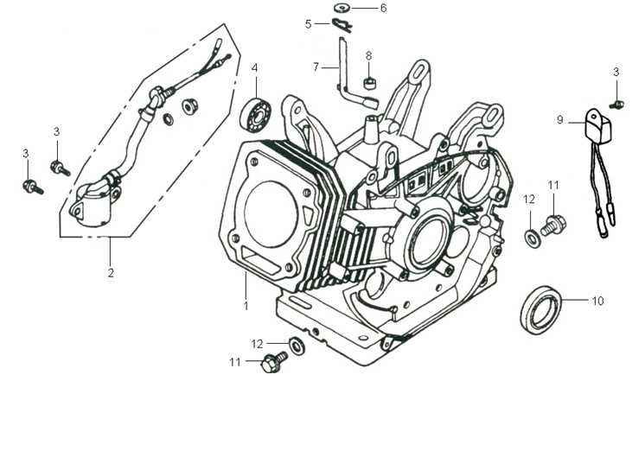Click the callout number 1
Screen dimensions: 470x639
coord(246,306)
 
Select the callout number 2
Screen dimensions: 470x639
coord(111,273)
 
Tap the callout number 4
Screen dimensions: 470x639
coord(255,67)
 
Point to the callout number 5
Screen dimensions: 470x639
coord(308,24)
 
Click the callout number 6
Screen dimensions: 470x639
coord(383,8)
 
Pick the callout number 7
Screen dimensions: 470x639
coord(316,66)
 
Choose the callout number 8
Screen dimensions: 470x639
coord(368,55)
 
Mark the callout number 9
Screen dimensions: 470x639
coord(559,120)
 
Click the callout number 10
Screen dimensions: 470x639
coord(597,302)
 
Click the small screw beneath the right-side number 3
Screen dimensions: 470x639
coord(617,104)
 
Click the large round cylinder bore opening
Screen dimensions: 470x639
coord(274,206)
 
